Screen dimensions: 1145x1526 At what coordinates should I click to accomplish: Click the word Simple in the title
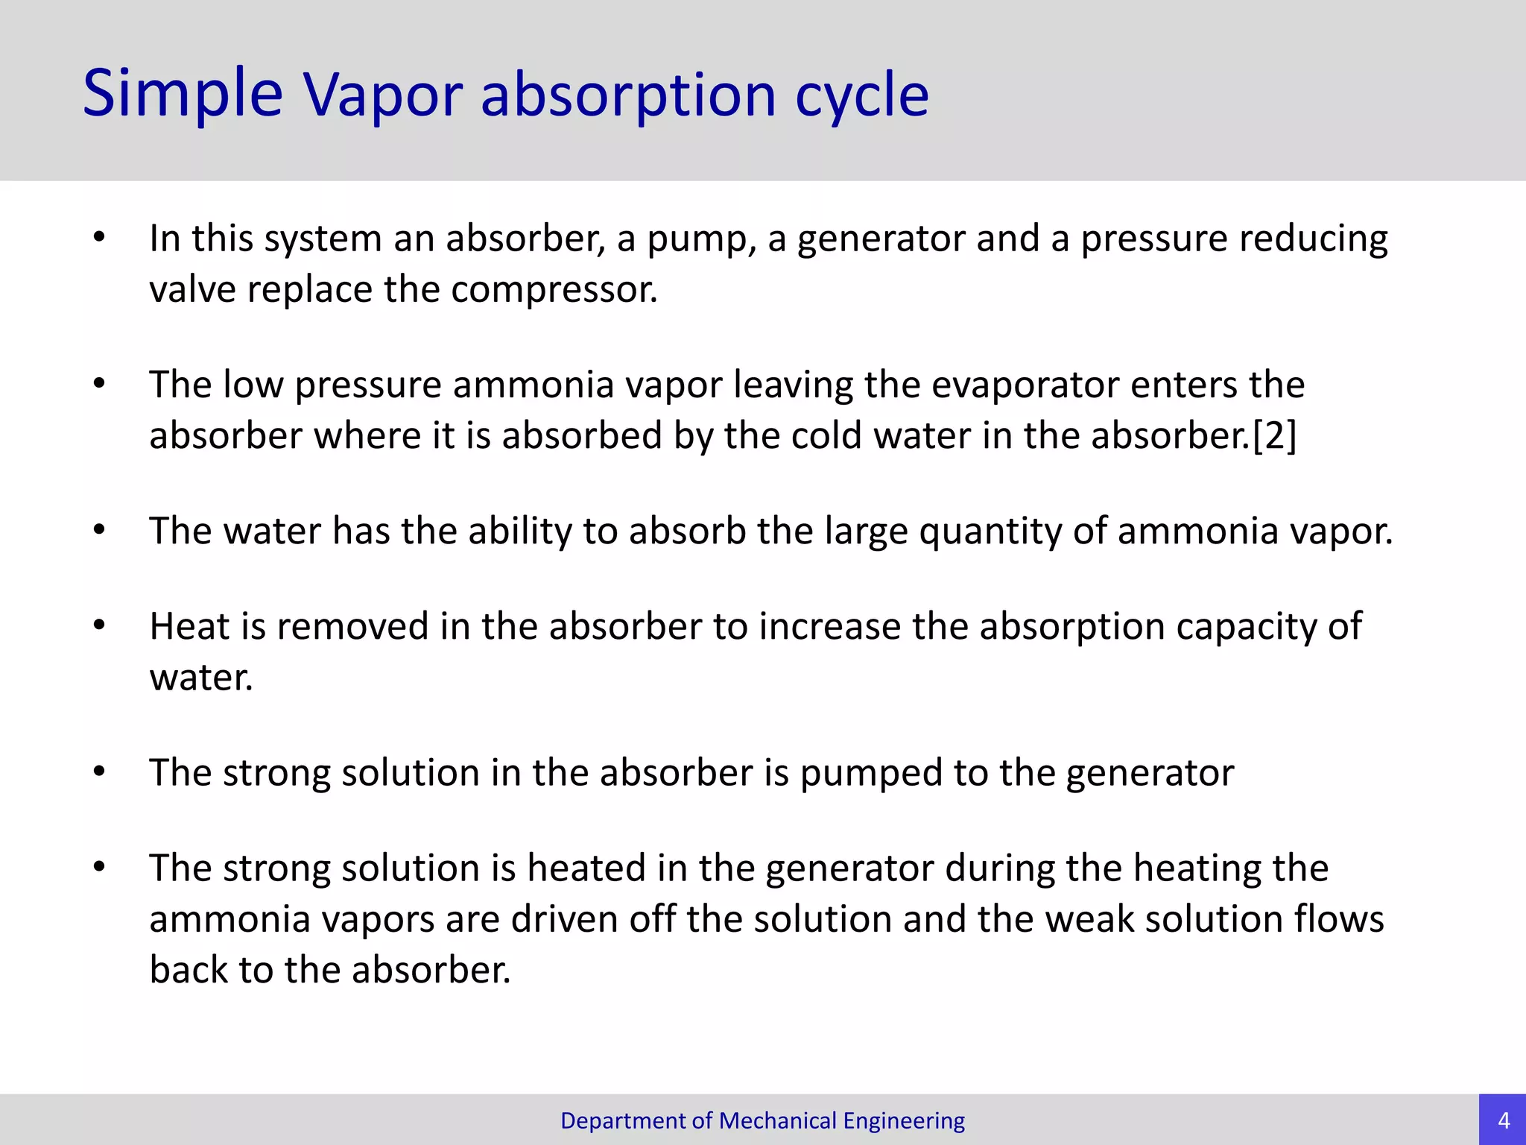(x=183, y=95)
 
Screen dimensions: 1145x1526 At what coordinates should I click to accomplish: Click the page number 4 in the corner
(x=1503, y=1120)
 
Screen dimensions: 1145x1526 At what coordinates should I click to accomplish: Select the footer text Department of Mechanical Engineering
(x=762, y=1120)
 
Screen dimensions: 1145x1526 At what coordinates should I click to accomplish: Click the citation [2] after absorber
(x=1274, y=435)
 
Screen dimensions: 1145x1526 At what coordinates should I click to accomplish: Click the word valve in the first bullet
(x=192, y=289)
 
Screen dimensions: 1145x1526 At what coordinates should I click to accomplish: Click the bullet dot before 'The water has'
(x=99, y=530)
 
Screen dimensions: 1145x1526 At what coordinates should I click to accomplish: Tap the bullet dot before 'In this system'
(x=99, y=238)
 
